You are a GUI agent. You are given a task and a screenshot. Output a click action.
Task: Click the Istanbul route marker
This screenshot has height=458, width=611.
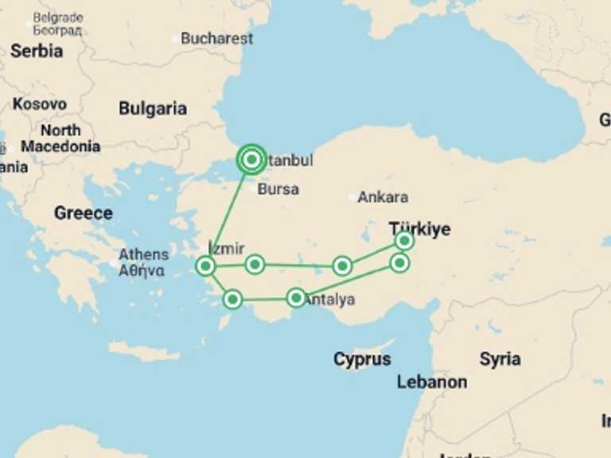click(251, 160)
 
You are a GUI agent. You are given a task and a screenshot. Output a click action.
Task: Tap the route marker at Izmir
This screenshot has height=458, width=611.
click(205, 266)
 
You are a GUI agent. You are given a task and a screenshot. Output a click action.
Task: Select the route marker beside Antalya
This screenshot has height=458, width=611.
click(296, 298)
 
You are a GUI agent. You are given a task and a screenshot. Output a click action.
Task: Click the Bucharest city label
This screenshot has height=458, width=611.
click(216, 38)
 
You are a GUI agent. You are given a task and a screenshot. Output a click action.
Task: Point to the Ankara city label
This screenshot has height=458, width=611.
click(383, 197)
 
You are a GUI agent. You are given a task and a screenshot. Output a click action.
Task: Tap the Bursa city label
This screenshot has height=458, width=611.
click(278, 189)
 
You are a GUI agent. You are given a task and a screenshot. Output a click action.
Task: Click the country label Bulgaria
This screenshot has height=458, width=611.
click(153, 109)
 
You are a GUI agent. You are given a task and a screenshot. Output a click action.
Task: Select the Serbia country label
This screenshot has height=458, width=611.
click(37, 51)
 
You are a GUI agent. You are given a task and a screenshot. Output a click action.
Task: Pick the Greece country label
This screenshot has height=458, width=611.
click(83, 213)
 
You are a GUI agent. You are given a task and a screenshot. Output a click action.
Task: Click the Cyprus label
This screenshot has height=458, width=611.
click(362, 359)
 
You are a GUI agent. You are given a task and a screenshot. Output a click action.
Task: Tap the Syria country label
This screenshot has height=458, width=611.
click(500, 359)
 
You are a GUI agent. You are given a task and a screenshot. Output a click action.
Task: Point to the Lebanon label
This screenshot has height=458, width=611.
click(432, 382)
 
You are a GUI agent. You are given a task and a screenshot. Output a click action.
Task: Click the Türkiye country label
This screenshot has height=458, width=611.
click(419, 229)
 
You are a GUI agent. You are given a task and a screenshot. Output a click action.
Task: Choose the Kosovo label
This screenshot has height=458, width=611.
click(40, 104)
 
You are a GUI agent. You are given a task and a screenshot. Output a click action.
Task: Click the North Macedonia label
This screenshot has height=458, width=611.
click(60, 138)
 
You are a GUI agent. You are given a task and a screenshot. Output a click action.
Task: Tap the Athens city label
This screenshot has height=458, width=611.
click(143, 254)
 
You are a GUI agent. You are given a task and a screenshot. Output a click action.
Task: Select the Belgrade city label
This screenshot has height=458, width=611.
click(57, 17)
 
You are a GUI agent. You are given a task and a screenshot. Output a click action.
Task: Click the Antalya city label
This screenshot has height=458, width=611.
click(329, 301)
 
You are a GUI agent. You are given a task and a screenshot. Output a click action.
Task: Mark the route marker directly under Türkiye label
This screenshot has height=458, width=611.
click(404, 240)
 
